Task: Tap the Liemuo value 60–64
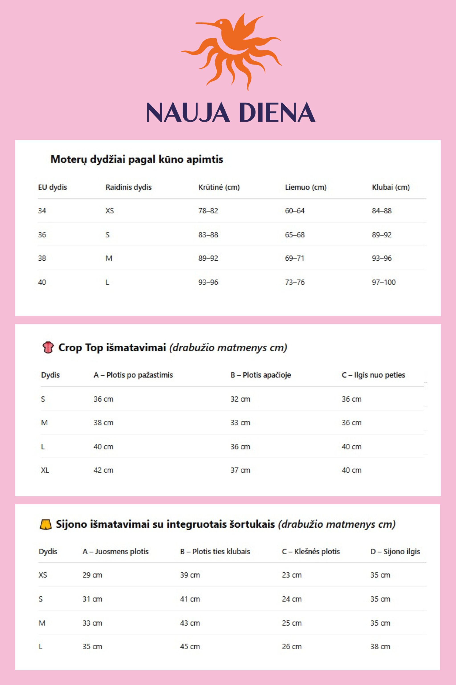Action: (x=295, y=211)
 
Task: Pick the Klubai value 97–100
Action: (x=384, y=282)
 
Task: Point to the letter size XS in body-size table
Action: (x=109, y=211)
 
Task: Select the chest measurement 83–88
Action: (x=208, y=235)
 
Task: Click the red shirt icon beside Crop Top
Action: (x=48, y=347)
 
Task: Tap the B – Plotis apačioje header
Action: (x=261, y=375)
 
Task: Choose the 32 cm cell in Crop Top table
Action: (x=240, y=399)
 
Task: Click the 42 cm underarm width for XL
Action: (x=103, y=470)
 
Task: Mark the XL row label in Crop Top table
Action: (x=45, y=470)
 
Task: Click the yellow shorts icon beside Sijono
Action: (x=46, y=524)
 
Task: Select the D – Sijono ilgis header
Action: (x=395, y=552)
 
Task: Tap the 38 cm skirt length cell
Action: (x=380, y=647)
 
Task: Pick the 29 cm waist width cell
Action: (x=92, y=575)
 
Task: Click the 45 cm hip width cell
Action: (x=190, y=647)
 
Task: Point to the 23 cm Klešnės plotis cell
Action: (x=292, y=575)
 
